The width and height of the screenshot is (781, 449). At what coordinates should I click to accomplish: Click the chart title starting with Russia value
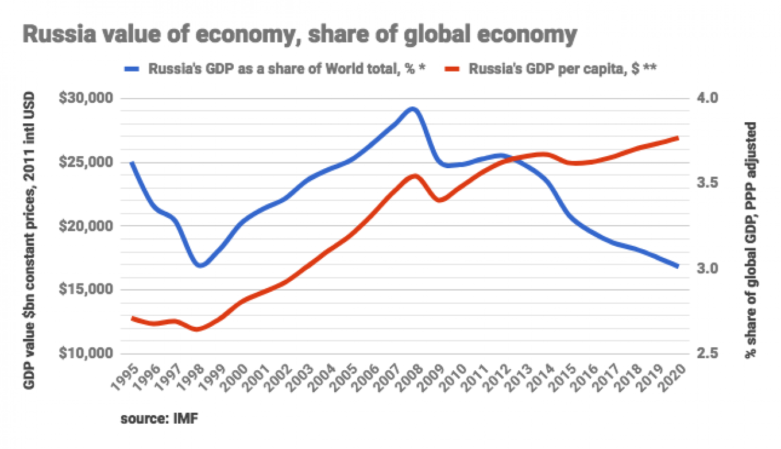[x=299, y=35]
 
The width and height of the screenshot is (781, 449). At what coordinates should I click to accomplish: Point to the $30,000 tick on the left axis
[x=87, y=98]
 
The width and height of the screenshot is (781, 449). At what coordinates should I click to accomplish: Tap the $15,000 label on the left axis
[x=87, y=289]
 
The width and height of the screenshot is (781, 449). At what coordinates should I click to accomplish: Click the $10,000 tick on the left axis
[x=87, y=353]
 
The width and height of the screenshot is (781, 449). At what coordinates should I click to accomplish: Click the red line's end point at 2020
[x=678, y=138]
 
